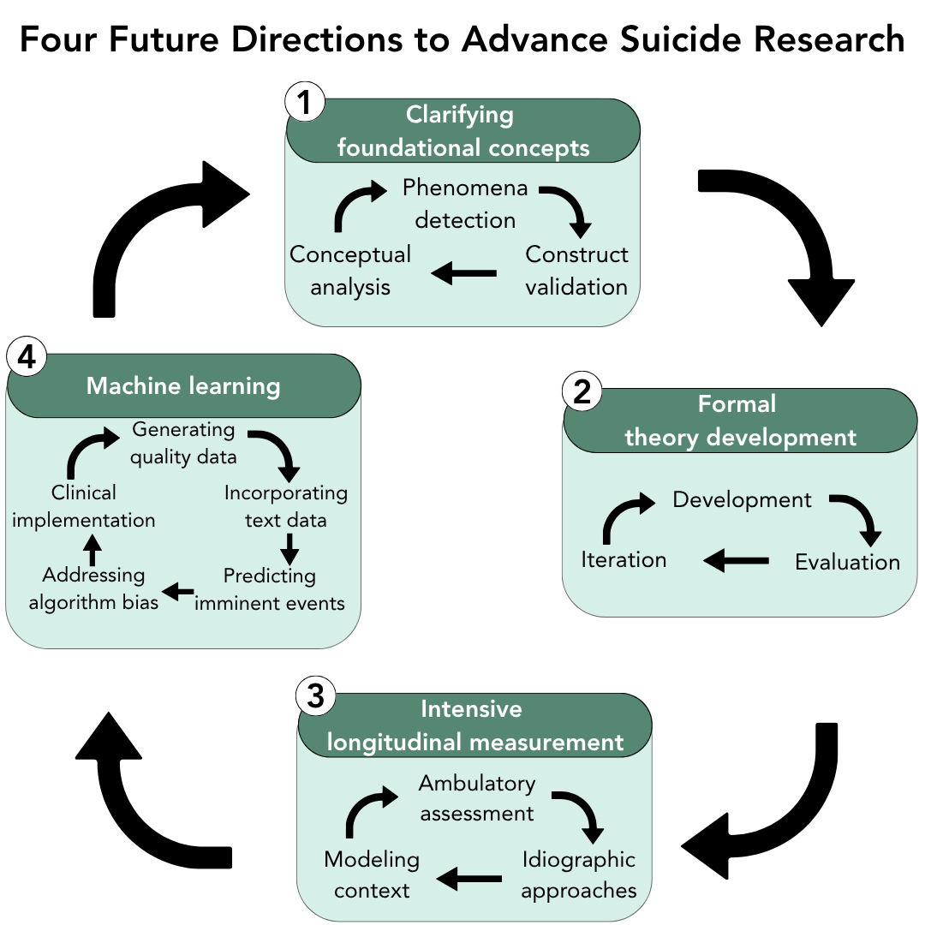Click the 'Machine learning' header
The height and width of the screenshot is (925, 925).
coord(183,386)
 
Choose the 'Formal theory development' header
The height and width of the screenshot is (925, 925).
coord(740,421)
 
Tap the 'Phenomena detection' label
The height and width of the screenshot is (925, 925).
coord(465,203)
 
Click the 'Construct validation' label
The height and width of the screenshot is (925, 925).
coord(576,270)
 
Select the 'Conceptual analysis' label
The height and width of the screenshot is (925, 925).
coord(350,270)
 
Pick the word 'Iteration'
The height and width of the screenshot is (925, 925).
coord(624,559)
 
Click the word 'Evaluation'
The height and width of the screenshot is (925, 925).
coord(847,562)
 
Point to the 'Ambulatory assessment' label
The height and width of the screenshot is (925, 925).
coord(477,797)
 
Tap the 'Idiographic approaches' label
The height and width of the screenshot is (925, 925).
coord(579,874)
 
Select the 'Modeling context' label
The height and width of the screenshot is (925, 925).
coord(372,874)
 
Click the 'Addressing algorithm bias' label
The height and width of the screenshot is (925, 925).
coord(93,588)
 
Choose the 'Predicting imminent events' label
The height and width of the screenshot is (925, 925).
coord(270,589)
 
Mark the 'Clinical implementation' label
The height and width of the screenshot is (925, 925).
coord(83,506)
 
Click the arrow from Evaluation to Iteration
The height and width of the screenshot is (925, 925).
coord(736,561)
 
